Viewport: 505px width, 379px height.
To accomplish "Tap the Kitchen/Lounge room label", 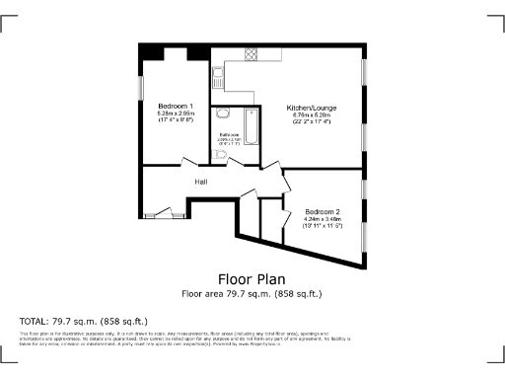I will click(x=307, y=107).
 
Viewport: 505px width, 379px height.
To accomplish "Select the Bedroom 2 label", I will click(x=322, y=212).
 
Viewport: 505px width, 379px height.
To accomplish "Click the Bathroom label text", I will click(x=230, y=134).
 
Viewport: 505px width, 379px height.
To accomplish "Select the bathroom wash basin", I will click(x=223, y=114).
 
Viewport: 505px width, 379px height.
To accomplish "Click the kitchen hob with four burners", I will click(x=252, y=54).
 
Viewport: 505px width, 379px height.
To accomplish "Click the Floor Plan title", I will click(x=252, y=278).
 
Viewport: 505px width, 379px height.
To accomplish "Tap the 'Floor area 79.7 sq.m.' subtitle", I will click(x=252, y=294).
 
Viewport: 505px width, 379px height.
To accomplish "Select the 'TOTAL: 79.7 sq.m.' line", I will click(x=83, y=322).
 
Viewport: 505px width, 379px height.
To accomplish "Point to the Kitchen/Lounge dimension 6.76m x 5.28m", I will click(x=307, y=115).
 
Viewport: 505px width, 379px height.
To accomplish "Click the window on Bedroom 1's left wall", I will click(x=141, y=88).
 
